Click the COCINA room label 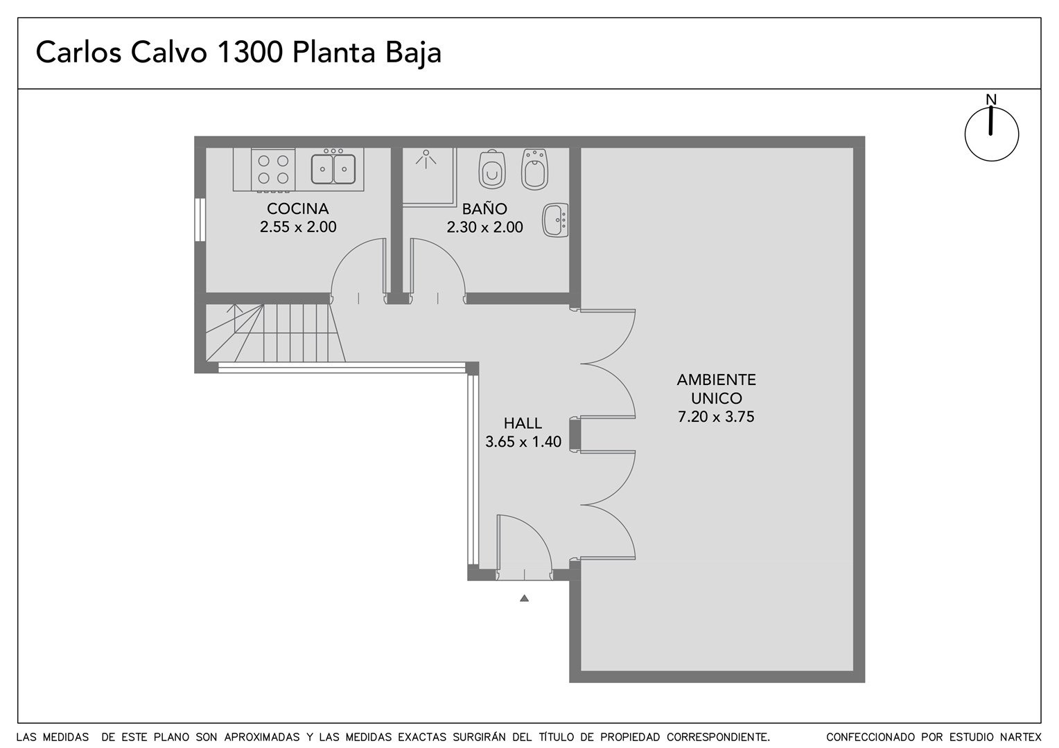coord(297,208)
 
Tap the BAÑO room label coord(484,208)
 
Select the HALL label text coord(523,423)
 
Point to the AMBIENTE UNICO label coord(716,389)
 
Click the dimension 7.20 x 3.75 coord(716,417)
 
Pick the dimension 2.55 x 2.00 coord(298,226)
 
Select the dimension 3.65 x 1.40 coord(523,442)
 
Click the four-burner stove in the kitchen coord(273,170)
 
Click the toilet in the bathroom coord(492,169)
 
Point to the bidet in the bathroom coord(535,169)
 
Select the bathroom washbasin coord(556,220)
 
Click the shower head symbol coord(426,159)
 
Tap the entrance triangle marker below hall coord(524,598)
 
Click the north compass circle coord(992,134)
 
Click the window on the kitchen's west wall coord(200,220)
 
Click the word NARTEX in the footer coord(1023,737)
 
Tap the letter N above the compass coord(991,100)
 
